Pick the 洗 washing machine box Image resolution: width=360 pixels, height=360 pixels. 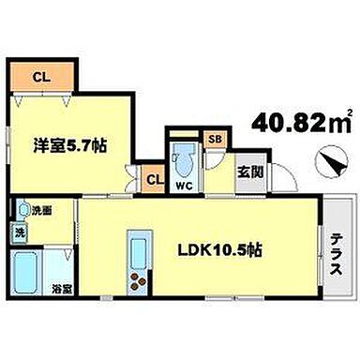click(x=19, y=232)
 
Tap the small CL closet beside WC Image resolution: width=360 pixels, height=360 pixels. click(x=152, y=175)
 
